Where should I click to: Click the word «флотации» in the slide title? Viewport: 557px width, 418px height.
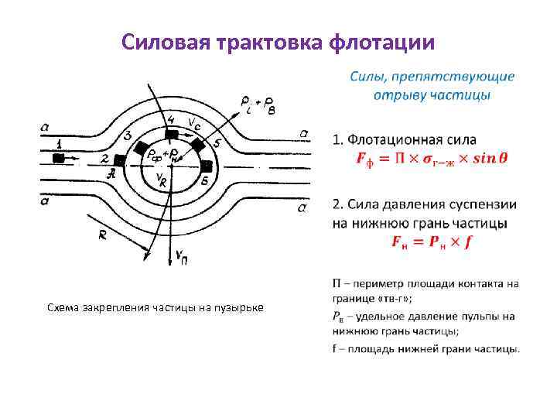point(381,42)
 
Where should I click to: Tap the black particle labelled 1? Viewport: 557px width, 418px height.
point(59,158)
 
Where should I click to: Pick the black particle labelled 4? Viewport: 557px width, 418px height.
point(172,133)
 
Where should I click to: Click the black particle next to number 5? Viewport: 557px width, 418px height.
point(199,145)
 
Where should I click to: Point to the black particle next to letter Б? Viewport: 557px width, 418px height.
point(207,166)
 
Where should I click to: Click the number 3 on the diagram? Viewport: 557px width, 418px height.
point(127,136)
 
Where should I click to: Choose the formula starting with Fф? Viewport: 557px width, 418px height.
point(431,159)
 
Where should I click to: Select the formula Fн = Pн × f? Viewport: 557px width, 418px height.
point(431,242)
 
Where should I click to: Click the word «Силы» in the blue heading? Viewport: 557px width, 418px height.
point(368,77)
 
